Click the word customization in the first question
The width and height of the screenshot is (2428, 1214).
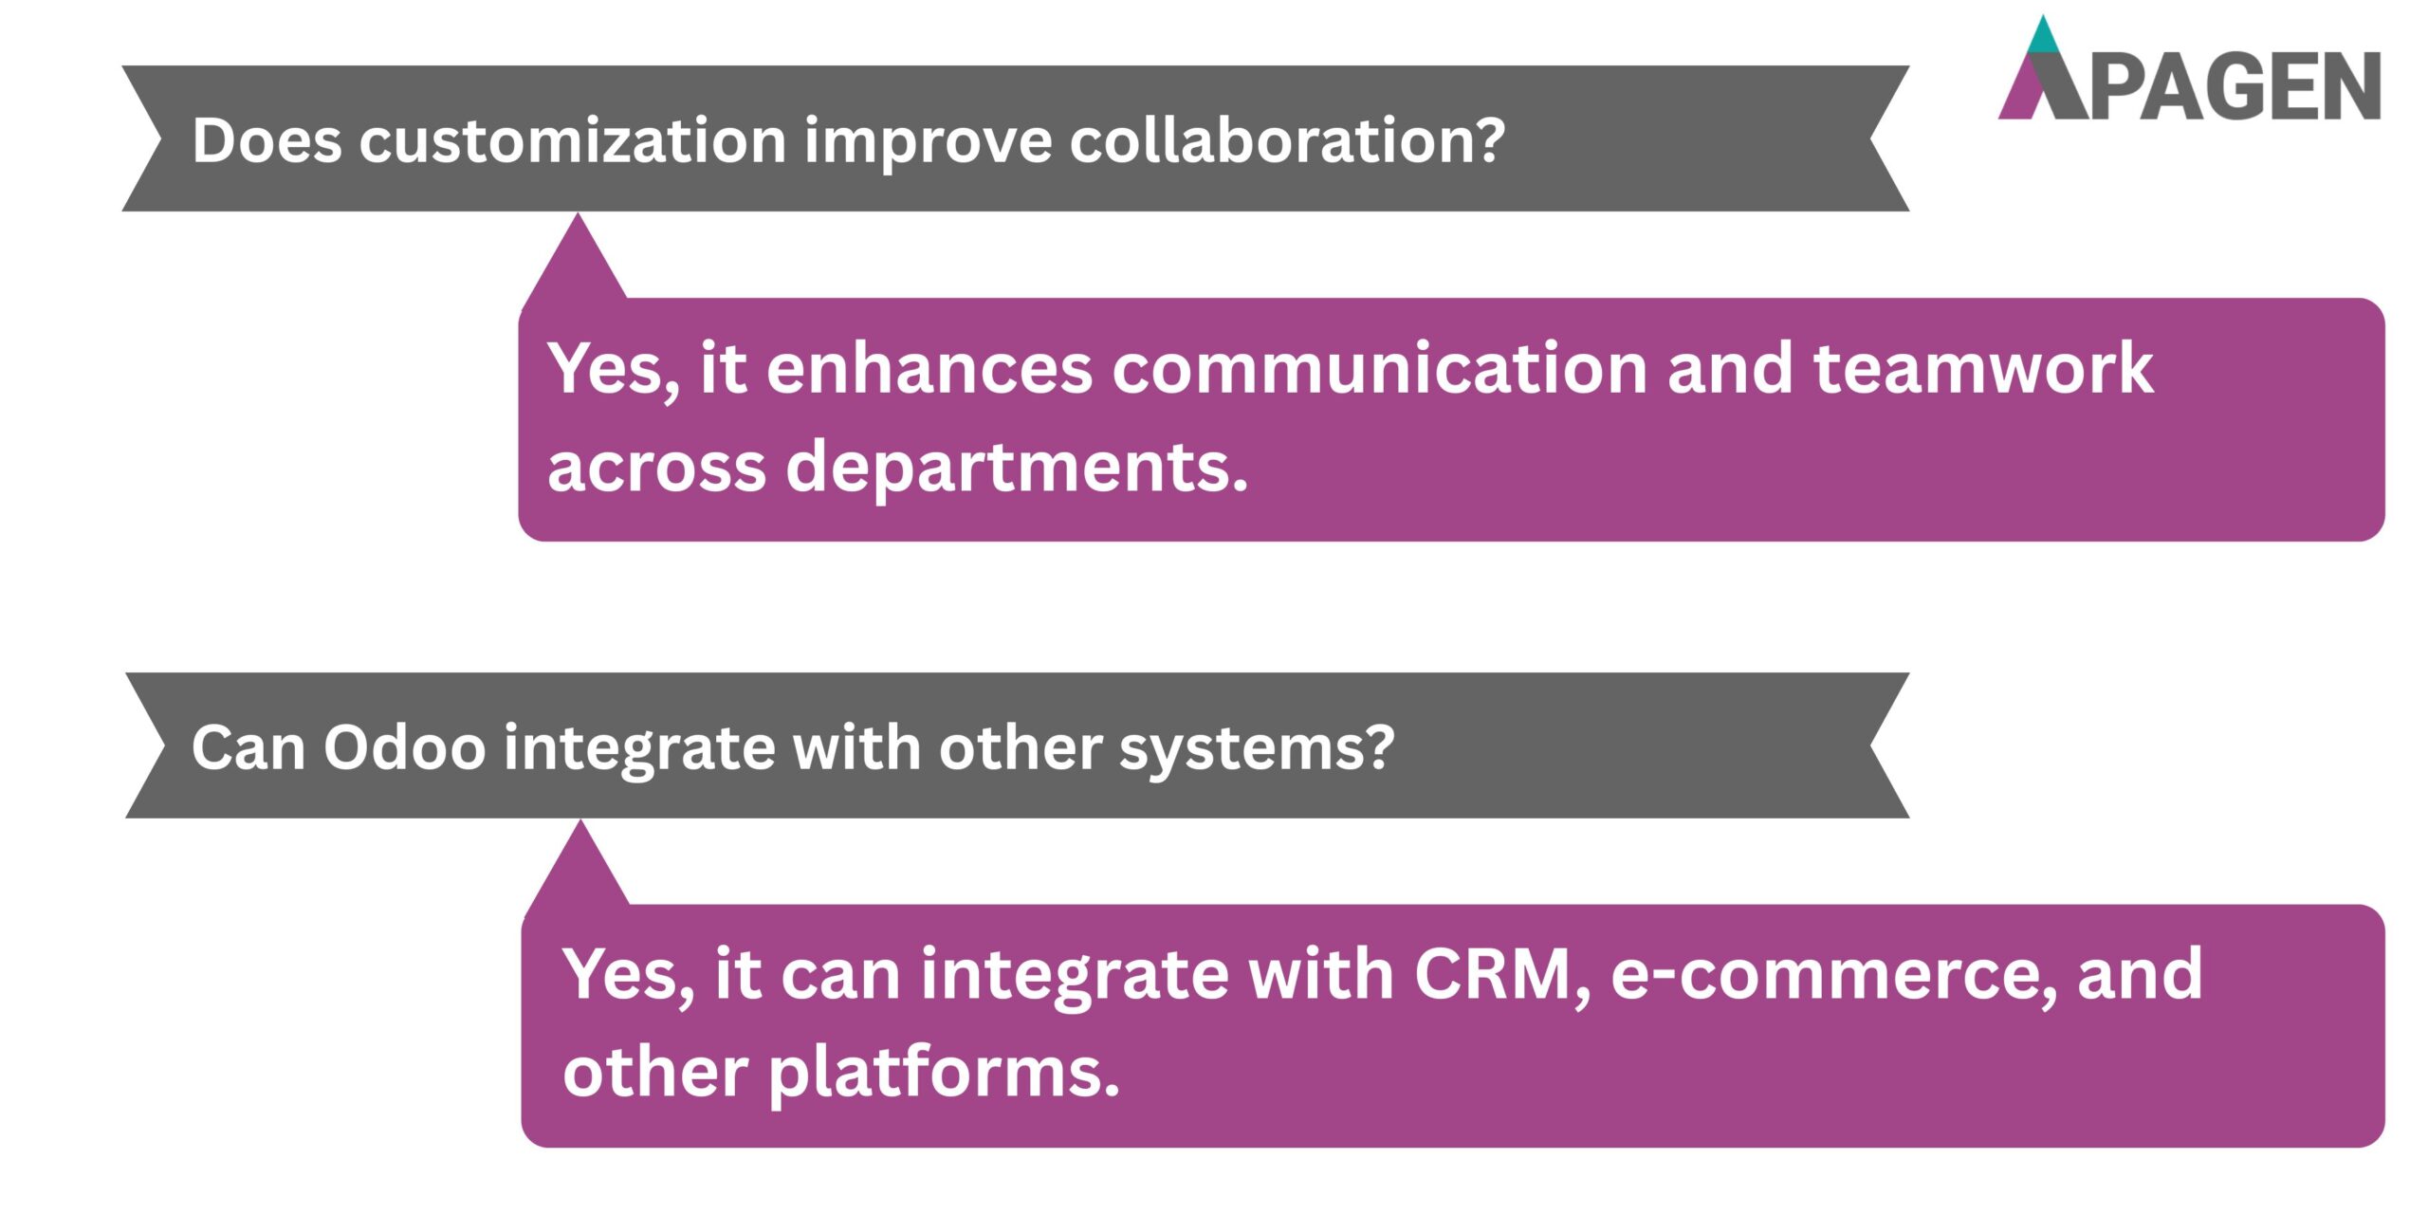572,141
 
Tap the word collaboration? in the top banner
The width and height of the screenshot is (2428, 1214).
1287,141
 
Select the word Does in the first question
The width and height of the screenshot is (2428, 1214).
267,141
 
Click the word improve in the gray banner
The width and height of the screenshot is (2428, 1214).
928,141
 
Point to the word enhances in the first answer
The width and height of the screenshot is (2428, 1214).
929,369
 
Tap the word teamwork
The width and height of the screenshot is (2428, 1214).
1982,369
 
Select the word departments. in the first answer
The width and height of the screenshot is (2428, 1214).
1016,468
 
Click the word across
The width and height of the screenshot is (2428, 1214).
656,468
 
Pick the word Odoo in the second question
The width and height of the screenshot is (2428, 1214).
404,748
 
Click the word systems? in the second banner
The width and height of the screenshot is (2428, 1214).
1257,748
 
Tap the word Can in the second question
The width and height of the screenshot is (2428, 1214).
248,748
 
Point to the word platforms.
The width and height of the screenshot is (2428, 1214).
944,1074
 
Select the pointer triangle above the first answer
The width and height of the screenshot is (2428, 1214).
576,261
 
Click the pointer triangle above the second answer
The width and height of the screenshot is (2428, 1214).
579,868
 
